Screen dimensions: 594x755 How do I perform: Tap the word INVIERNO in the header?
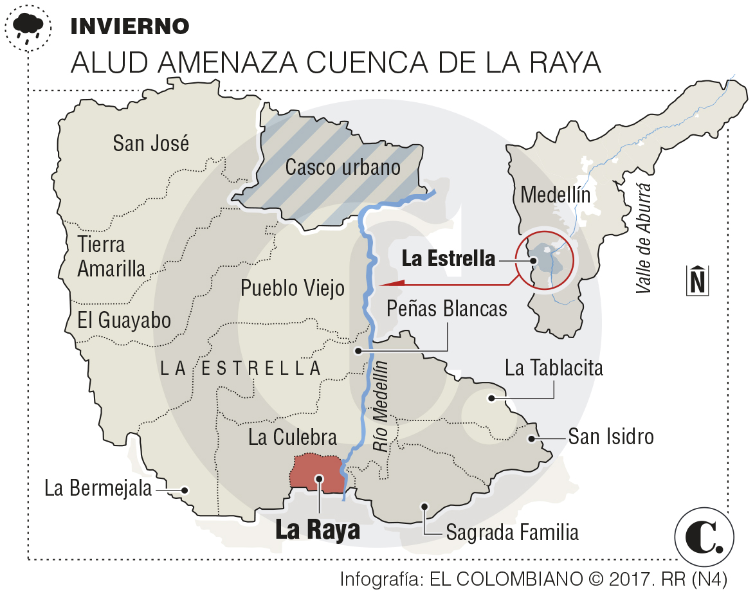coord(129,26)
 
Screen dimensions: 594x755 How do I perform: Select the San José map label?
coord(151,143)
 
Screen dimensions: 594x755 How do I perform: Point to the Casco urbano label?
coord(343,168)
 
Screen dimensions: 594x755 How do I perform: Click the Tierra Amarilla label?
coord(111,256)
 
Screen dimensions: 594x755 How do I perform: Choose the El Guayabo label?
coord(124,319)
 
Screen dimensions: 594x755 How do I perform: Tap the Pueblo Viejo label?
coord(293,288)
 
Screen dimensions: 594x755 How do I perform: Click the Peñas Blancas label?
coord(446,309)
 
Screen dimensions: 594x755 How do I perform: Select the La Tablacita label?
coord(554,368)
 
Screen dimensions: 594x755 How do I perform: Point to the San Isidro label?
coord(610,437)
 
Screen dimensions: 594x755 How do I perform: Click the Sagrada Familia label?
coord(512,532)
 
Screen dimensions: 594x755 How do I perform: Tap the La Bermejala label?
coord(98,489)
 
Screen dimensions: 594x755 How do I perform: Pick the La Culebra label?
coord(293,438)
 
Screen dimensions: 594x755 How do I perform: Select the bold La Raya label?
coord(317,531)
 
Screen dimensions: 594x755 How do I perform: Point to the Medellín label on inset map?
coord(555,194)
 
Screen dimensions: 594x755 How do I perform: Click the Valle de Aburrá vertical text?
coord(644,239)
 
